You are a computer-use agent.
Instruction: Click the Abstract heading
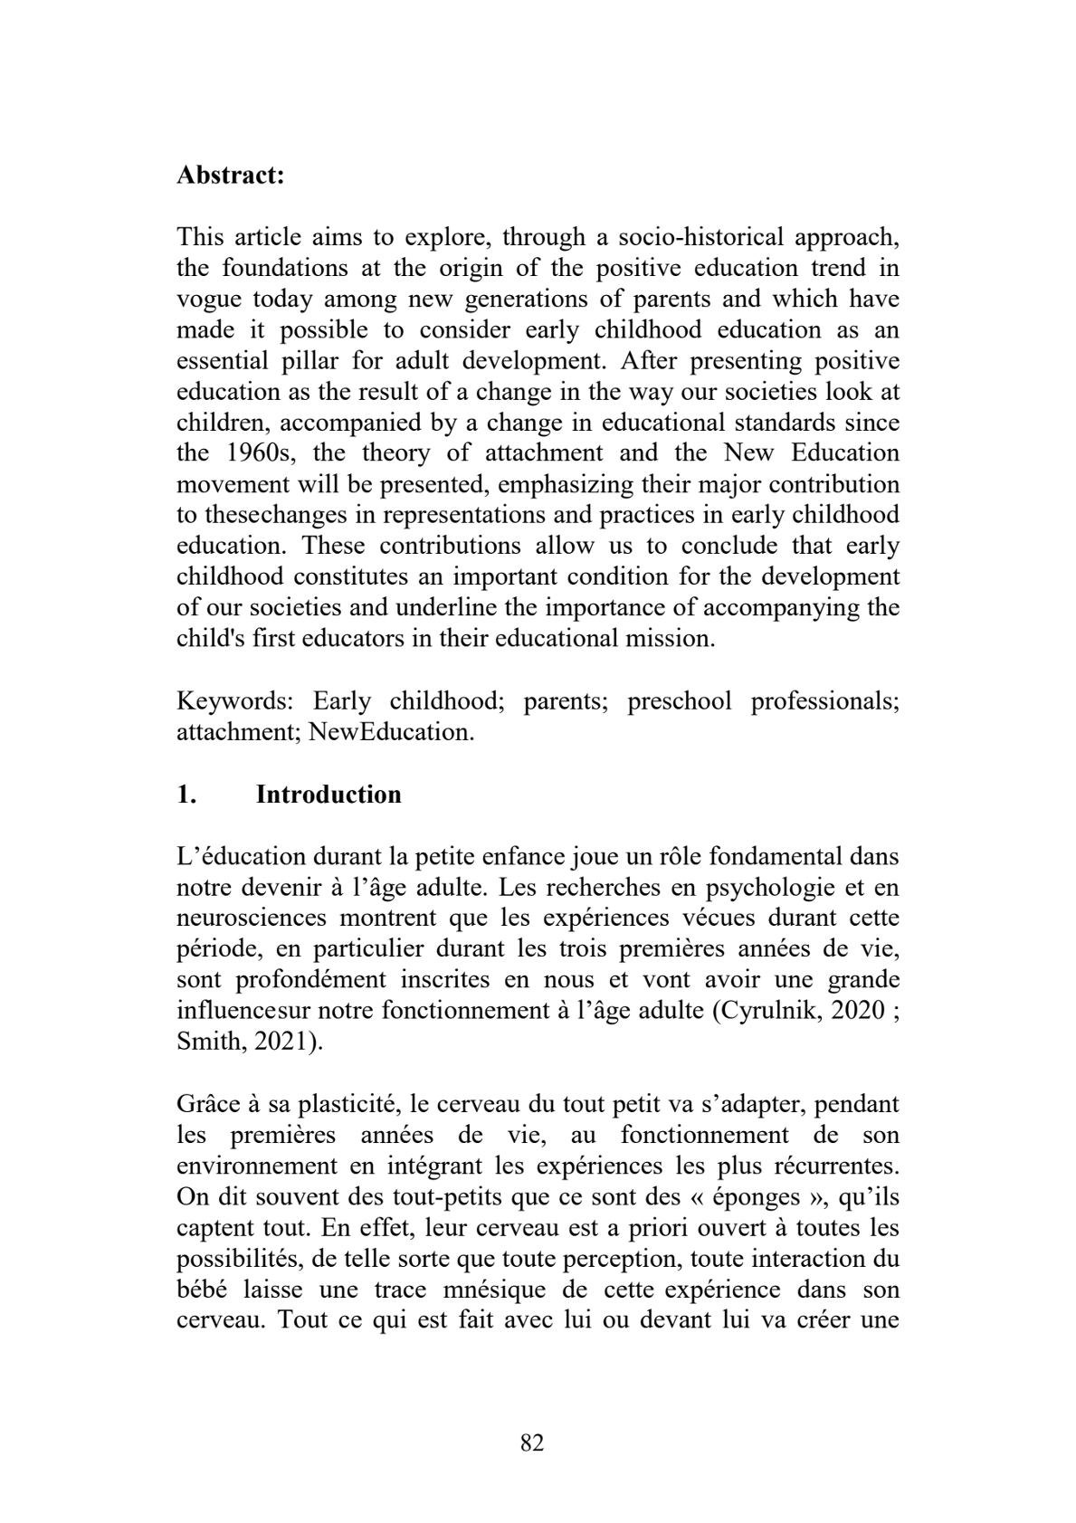(231, 175)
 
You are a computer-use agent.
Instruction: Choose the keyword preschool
(679, 700)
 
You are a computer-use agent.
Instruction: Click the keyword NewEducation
(391, 731)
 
